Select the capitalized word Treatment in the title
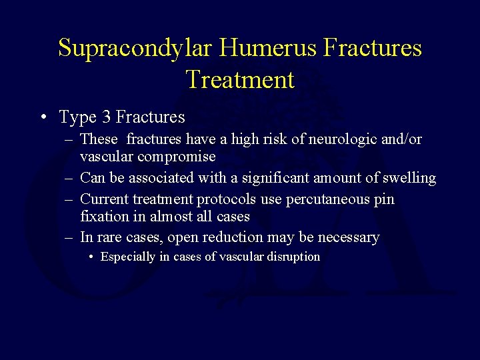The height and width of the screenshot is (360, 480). [x=240, y=79]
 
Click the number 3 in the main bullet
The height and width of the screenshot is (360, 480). [x=107, y=117]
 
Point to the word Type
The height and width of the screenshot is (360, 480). [x=77, y=118]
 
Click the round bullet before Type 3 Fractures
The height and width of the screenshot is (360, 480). [x=43, y=118]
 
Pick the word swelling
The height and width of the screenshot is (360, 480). [x=409, y=178]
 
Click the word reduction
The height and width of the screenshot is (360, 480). [x=231, y=237]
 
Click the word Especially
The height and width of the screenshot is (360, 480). [x=128, y=257]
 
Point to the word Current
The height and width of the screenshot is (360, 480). [x=103, y=199]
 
